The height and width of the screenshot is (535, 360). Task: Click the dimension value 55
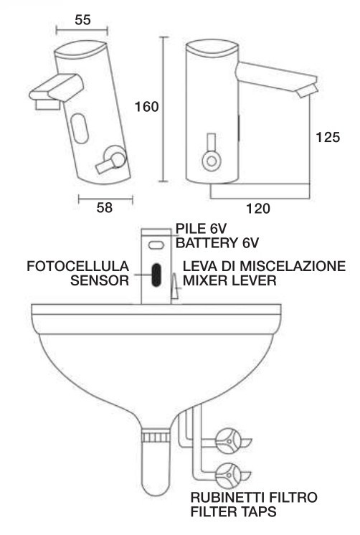click(82, 20)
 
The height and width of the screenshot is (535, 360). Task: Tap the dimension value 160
click(147, 107)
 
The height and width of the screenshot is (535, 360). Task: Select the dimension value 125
click(328, 137)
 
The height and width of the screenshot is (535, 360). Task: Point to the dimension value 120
click(258, 208)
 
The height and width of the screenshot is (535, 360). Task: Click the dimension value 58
click(105, 207)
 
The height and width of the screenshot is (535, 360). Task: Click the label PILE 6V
click(201, 228)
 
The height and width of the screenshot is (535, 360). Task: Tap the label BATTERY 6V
click(217, 243)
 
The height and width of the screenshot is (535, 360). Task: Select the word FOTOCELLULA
click(77, 266)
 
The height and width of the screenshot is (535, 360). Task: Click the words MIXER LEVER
click(229, 280)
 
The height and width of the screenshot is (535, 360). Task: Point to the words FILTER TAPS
click(233, 511)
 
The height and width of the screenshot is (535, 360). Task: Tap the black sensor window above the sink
click(156, 275)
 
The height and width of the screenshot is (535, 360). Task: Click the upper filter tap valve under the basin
click(228, 441)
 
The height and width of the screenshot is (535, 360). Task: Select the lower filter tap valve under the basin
click(228, 475)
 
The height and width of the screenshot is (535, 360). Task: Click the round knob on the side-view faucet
click(212, 161)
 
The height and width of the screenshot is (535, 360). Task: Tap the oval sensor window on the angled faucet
click(80, 128)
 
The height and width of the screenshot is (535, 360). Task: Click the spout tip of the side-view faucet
click(308, 91)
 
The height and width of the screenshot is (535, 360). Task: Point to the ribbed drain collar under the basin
click(156, 437)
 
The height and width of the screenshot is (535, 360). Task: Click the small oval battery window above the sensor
click(156, 245)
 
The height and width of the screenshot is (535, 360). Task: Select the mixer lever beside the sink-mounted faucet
click(175, 286)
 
